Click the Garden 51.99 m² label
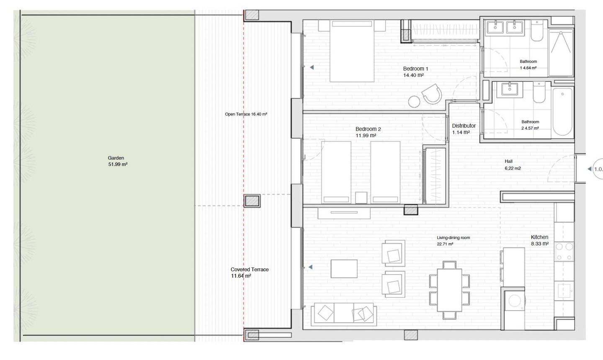pyautogui.click(x=118, y=161)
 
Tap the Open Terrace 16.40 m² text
pyautogui.click(x=246, y=114)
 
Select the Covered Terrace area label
pyautogui.click(x=250, y=273)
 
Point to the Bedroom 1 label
pyautogui.click(x=415, y=72)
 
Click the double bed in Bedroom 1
pyautogui.click(x=352, y=51)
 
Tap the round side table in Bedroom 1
pyautogui.click(x=414, y=102)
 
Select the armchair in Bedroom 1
pyautogui.click(x=432, y=94)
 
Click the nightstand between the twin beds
pyautogui.click(x=361, y=198)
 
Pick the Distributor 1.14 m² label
pyautogui.click(x=464, y=129)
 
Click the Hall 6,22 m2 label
pyautogui.click(x=513, y=165)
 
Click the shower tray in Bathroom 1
pyautogui.click(x=561, y=52)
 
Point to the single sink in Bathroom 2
pyautogui.click(x=509, y=89)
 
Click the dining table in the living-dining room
pyautogui.click(x=449, y=290)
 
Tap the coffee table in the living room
pyautogui.click(x=344, y=268)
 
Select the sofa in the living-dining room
pyautogui.click(x=343, y=314)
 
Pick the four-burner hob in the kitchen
pyautogui.click(x=564, y=252)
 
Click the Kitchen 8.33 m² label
pyautogui.click(x=539, y=240)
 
